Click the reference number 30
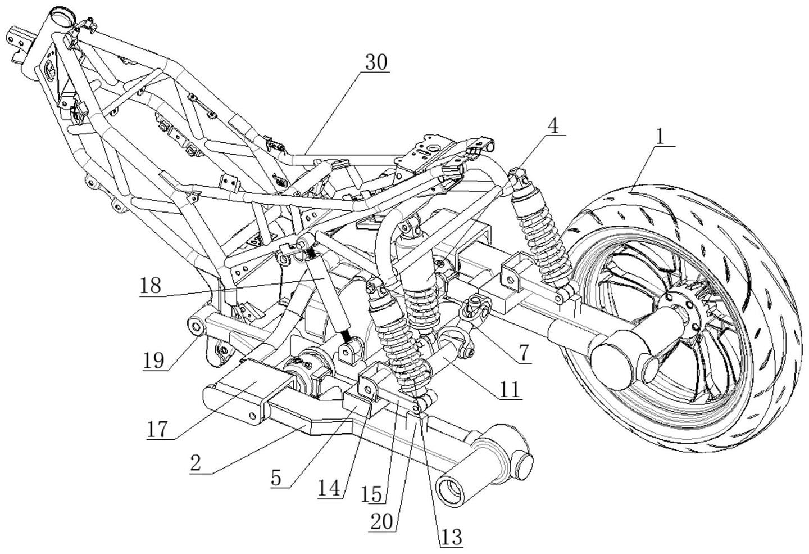[x=376, y=62]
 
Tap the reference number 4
[x=553, y=127]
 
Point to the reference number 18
[x=151, y=286]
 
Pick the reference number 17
[x=158, y=430]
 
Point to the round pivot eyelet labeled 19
[x=195, y=325]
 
